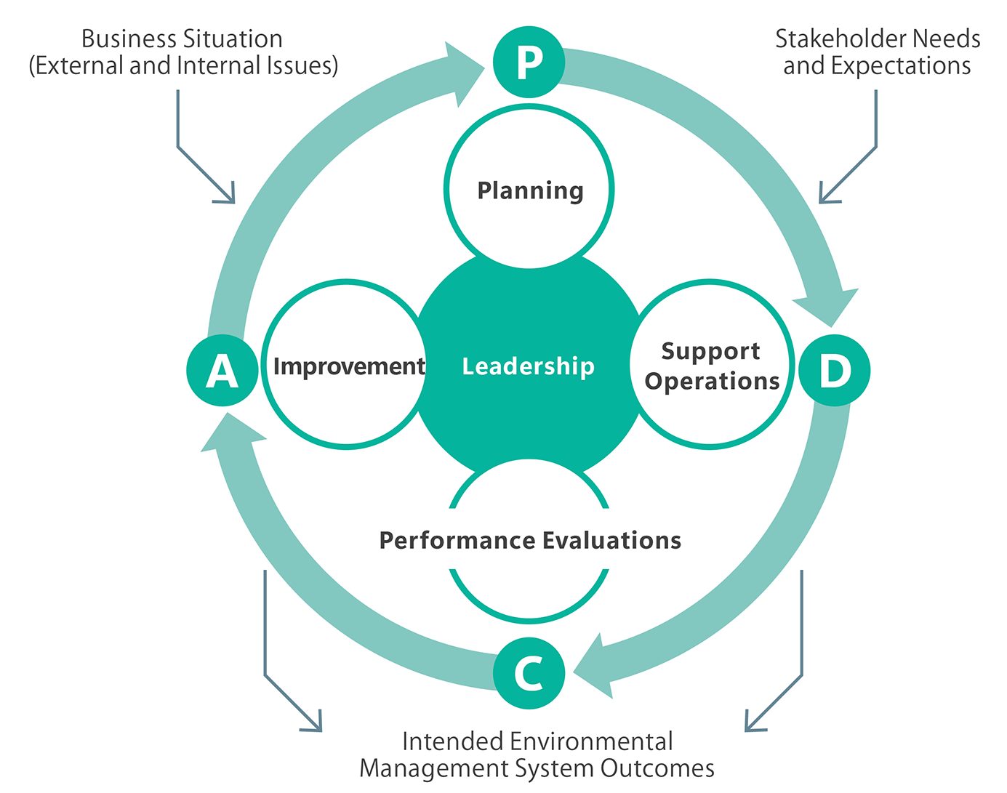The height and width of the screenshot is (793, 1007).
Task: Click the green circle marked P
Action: tap(529, 63)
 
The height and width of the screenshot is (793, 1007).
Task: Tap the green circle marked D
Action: tap(834, 371)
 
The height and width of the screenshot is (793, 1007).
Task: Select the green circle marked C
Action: tap(529, 673)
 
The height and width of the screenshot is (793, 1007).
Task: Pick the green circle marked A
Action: tap(222, 371)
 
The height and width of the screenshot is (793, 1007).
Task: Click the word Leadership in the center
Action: tap(529, 366)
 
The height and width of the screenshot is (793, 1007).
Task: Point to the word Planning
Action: tap(530, 190)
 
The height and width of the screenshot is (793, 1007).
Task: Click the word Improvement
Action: tap(349, 366)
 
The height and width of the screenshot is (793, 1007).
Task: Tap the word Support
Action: tap(710, 351)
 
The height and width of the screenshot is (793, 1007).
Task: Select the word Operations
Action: tap(712, 381)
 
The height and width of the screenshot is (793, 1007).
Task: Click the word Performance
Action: tap(457, 541)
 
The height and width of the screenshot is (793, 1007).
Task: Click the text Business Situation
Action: tap(182, 39)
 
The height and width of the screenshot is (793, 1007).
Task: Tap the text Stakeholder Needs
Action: tap(878, 39)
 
